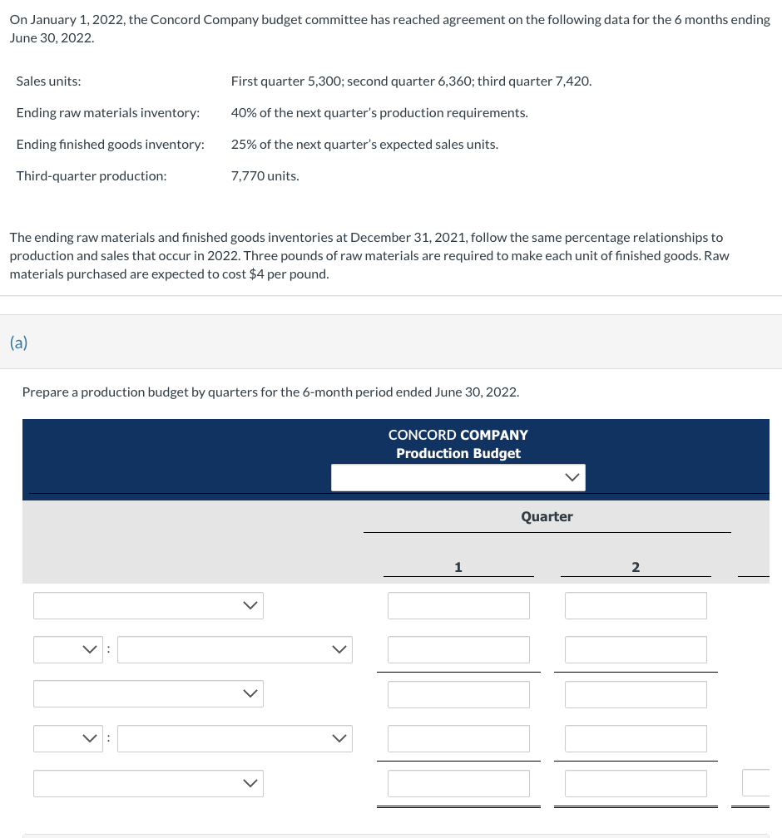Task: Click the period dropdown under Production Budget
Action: pyautogui.click(x=458, y=477)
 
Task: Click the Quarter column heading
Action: pyautogui.click(x=547, y=516)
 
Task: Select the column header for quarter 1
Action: pyautogui.click(x=458, y=567)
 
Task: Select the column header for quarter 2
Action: pyautogui.click(x=636, y=567)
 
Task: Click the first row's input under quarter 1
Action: pyautogui.click(x=458, y=605)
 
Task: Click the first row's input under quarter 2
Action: pyautogui.click(x=636, y=605)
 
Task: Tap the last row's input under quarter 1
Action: pyautogui.click(x=458, y=783)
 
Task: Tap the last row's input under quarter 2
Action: pyautogui.click(x=636, y=783)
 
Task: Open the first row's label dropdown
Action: pyautogui.click(x=148, y=605)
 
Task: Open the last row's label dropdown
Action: pyautogui.click(x=148, y=783)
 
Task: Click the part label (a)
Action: pyautogui.click(x=18, y=343)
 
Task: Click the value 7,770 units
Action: pyautogui.click(x=265, y=175)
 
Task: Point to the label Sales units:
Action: pyautogui.click(x=48, y=81)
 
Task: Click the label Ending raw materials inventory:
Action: pyautogui.click(x=107, y=112)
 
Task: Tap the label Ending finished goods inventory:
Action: pyautogui.click(x=110, y=144)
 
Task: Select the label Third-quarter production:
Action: pyautogui.click(x=91, y=175)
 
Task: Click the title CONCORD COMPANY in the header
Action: pyautogui.click(x=458, y=435)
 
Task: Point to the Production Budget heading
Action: pyautogui.click(x=458, y=453)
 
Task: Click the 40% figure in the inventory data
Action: pyautogui.click(x=243, y=112)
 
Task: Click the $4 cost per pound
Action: pyautogui.click(x=257, y=274)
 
